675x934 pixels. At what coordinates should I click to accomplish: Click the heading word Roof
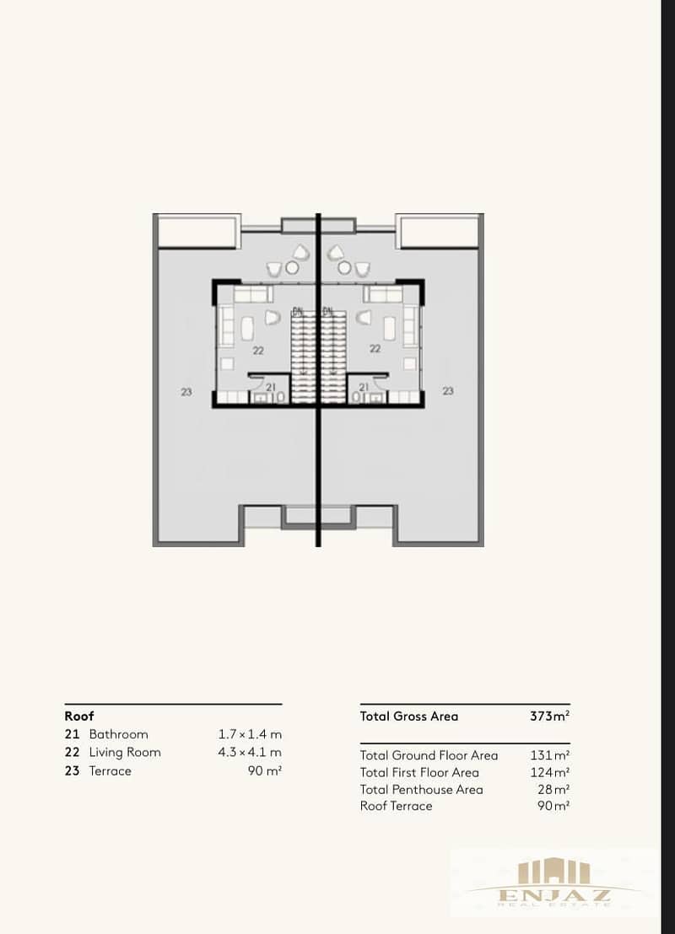[79, 716]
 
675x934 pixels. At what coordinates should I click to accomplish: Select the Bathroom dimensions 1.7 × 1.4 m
[250, 734]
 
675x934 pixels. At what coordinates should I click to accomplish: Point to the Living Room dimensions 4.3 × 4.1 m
[250, 752]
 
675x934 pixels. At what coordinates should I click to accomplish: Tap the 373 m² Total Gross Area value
[550, 716]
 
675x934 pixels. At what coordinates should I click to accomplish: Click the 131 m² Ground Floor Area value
[550, 755]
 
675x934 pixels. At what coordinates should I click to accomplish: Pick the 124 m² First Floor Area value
[550, 773]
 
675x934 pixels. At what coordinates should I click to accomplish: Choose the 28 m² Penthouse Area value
[553, 790]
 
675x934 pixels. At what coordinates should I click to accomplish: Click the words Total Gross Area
[409, 716]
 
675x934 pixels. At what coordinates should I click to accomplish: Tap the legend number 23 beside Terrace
[73, 770]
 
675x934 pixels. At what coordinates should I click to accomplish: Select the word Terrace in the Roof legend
[111, 770]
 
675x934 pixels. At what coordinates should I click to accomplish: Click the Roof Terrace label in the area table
[396, 806]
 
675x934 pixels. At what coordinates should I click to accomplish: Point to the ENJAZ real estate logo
[553, 882]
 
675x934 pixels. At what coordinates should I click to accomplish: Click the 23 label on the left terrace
[186, 392]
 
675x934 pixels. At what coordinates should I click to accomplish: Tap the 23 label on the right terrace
[448, 391]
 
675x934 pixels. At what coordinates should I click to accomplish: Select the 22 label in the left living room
[258, 351]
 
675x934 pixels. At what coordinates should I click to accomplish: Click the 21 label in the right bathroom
[364, 387]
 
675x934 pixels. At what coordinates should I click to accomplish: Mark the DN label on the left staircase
[298, 311]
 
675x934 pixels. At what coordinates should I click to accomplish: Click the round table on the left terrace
[292, 268]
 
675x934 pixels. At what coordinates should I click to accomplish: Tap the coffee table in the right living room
[389, 328]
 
